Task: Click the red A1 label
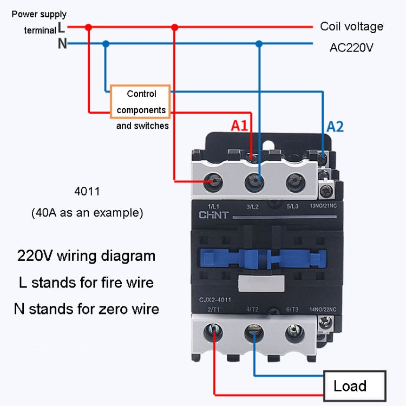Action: pyautogui.click(x=239, y=126)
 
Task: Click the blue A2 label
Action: pyautogui.click(x=335, y=127)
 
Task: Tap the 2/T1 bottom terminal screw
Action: pyautogui.click(x=214, y=331)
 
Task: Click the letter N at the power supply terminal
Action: pyautogui.click(x=62, y=44)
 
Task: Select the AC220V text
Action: pyautogui.click(x=352, y=48)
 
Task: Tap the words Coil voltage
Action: pyautogui.click(x=351, y=26)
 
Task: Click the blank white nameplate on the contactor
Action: pyautogui.click(x=262, y=281)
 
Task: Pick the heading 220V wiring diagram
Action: pyautogui.click(x=86, y=256)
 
